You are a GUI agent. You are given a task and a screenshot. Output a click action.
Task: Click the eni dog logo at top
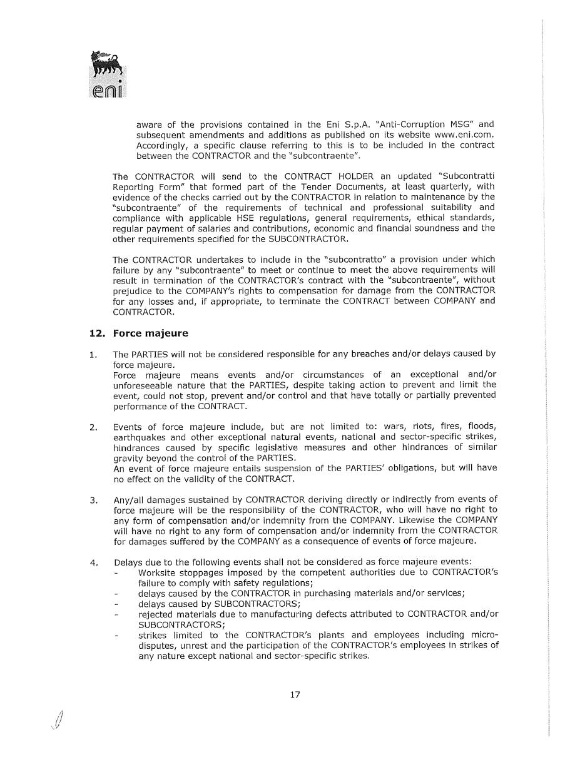tap(106, 74)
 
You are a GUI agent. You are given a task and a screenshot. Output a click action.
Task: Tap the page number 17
tap(295, 694)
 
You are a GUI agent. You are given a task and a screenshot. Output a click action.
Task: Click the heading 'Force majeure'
tap(150, 333)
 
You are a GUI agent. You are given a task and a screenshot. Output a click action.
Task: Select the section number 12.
tap(97, 333)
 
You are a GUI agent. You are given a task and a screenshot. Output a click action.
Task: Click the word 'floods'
tap(481, 427)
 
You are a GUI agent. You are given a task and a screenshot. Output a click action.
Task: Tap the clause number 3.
tap(94, 500)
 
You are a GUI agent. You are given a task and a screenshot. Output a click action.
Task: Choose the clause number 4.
tap(94, 562)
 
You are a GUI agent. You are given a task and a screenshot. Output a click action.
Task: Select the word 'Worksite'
tap(159, 572)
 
